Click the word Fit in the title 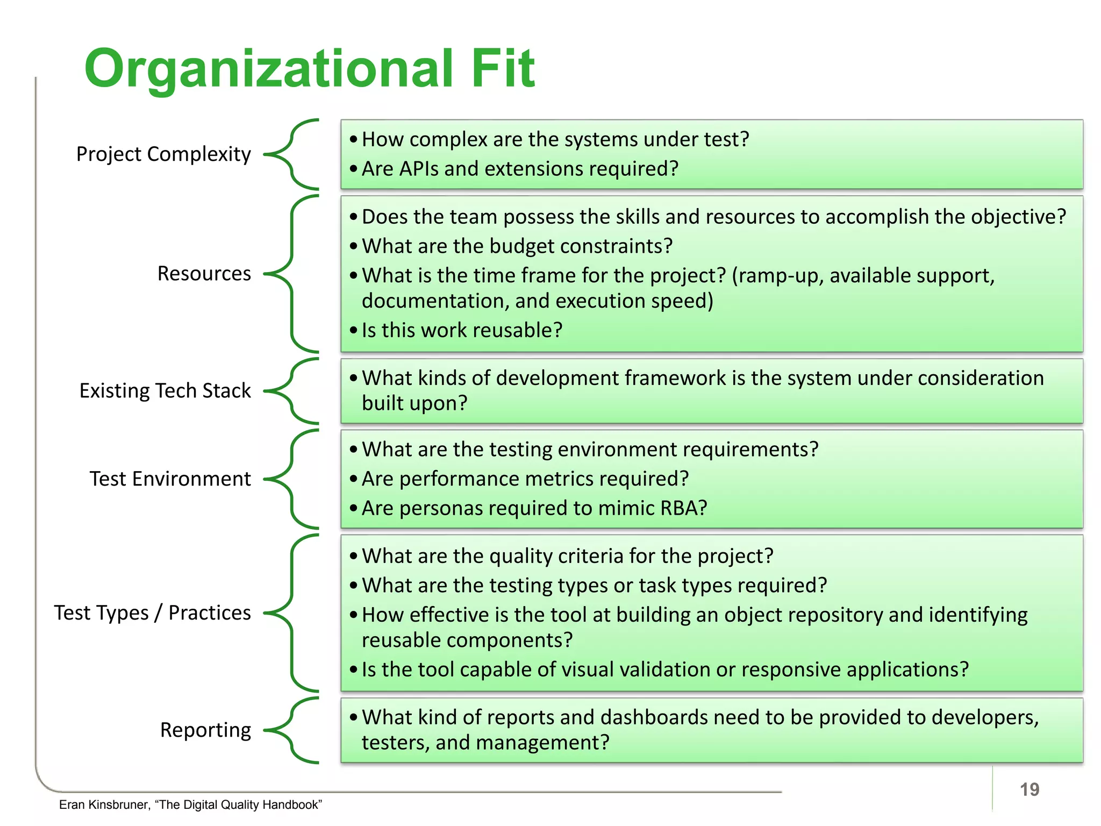(503, 68)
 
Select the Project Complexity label (163, 154)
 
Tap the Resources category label (204, 274)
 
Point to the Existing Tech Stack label (165, 390)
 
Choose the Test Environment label (170, 479)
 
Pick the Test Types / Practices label (152, 613)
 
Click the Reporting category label (205, 730)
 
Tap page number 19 (1029, 789)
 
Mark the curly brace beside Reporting (293, 730)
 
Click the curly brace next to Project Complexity (293, 154)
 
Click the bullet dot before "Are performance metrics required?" (353, 479)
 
